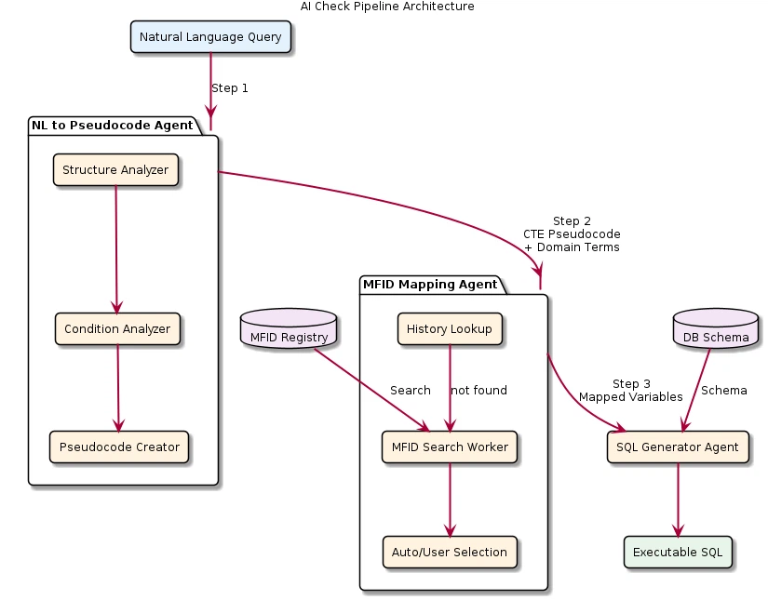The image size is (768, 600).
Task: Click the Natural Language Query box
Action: point(211,37)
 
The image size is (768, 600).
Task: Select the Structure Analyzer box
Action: point(115,170)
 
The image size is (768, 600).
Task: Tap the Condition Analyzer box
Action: point(116,329)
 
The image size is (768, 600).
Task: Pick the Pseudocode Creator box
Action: point(119,447)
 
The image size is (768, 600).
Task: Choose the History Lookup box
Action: point(450,329)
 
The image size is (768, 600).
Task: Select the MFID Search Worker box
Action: point(450,447)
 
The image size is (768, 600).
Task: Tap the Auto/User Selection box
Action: point(450,553)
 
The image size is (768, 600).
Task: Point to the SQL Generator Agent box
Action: point(678,447)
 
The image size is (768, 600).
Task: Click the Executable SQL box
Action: point(678,553)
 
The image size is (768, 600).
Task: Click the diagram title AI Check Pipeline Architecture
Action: point(386,7)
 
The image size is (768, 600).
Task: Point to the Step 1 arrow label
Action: point(230,88)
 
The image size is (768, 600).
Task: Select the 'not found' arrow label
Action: point(479,391)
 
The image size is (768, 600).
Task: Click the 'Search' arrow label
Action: point(410,391)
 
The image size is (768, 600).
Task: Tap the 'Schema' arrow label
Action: point(723,391)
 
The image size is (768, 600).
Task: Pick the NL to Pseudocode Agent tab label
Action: point(112,126)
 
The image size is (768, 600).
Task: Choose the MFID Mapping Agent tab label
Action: point(429,284)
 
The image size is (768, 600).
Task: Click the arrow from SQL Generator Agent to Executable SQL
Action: point(678,500)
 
